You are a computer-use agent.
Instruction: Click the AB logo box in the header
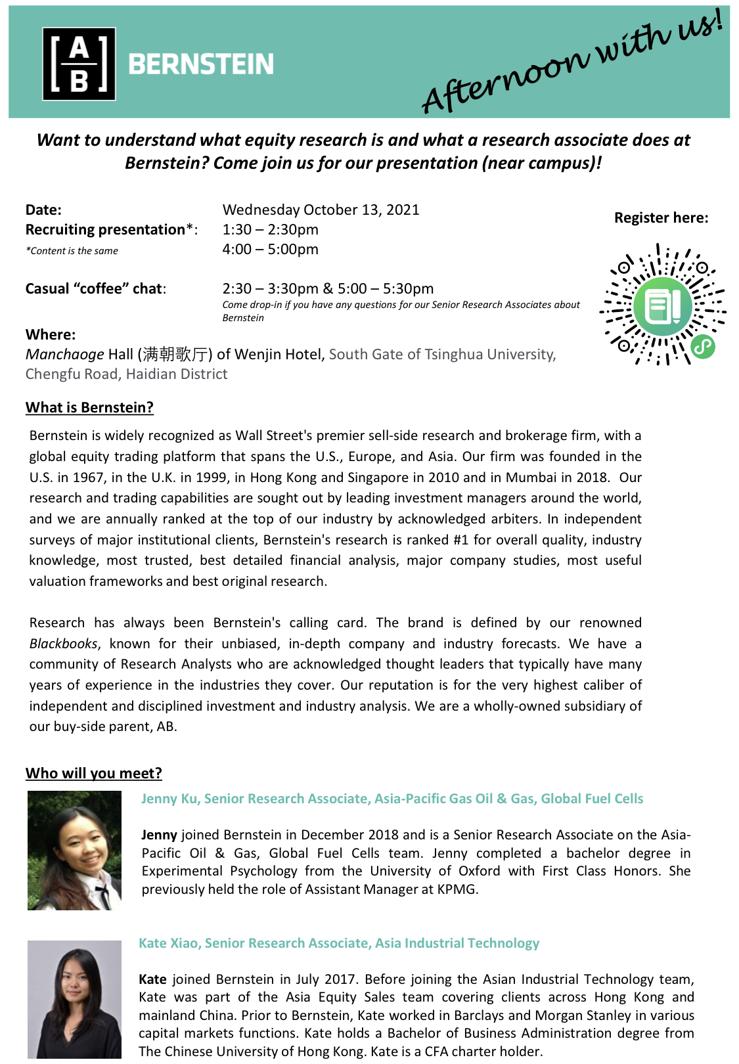tap(79, 64)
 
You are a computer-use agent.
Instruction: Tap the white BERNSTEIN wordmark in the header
tap(200, 64)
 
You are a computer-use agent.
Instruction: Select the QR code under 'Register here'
tap(662, 305)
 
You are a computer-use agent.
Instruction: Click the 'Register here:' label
tap(661, 218)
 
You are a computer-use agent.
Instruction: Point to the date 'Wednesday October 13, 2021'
tap(321, 210)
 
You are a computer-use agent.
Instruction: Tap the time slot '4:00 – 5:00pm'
tap(270, 250)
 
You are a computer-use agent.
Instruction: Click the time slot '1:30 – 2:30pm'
tap(270, 230)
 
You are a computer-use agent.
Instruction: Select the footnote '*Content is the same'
tap(72, 251)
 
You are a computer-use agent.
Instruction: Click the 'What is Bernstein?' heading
tap(89, 408)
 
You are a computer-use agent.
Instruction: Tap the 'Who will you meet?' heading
tap(93, 774)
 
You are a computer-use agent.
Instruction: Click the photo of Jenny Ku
tap(74, 851)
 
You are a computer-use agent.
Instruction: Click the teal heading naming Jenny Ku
tap(392, 799)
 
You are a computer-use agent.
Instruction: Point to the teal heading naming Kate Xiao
tap(339, 944)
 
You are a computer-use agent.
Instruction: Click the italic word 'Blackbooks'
tap(64, 644)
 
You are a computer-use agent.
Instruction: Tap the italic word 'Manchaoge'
tap(64, 355)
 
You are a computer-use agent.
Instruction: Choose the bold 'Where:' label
tap(51, 335)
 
